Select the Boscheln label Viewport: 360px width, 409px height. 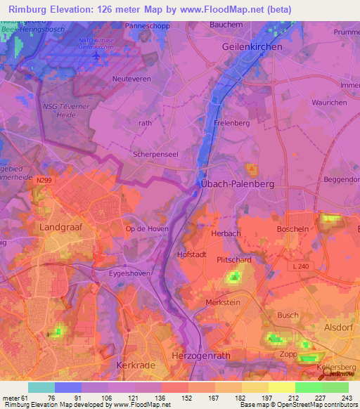pos(293,229)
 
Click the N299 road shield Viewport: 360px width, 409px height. pos(46,181)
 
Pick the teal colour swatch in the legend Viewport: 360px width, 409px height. pos(41,387)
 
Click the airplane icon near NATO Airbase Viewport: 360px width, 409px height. pos(96,56)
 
